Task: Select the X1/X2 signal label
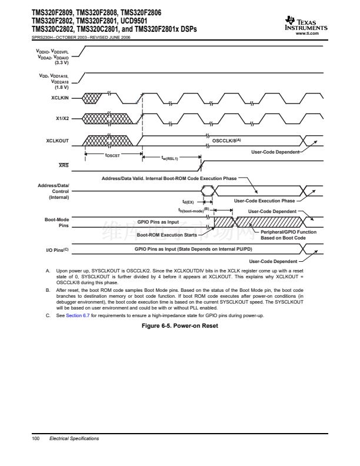tap(62, 118)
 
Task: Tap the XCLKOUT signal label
tap(58, 141)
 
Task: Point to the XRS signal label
tap(64, 166)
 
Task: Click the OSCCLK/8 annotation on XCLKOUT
tap(226, 141)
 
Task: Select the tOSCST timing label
tap(112, 155)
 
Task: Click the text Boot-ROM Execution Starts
tap(166, 234)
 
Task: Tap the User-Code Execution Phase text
tap(264, 201)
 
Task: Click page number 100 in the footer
tap(35, 438)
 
